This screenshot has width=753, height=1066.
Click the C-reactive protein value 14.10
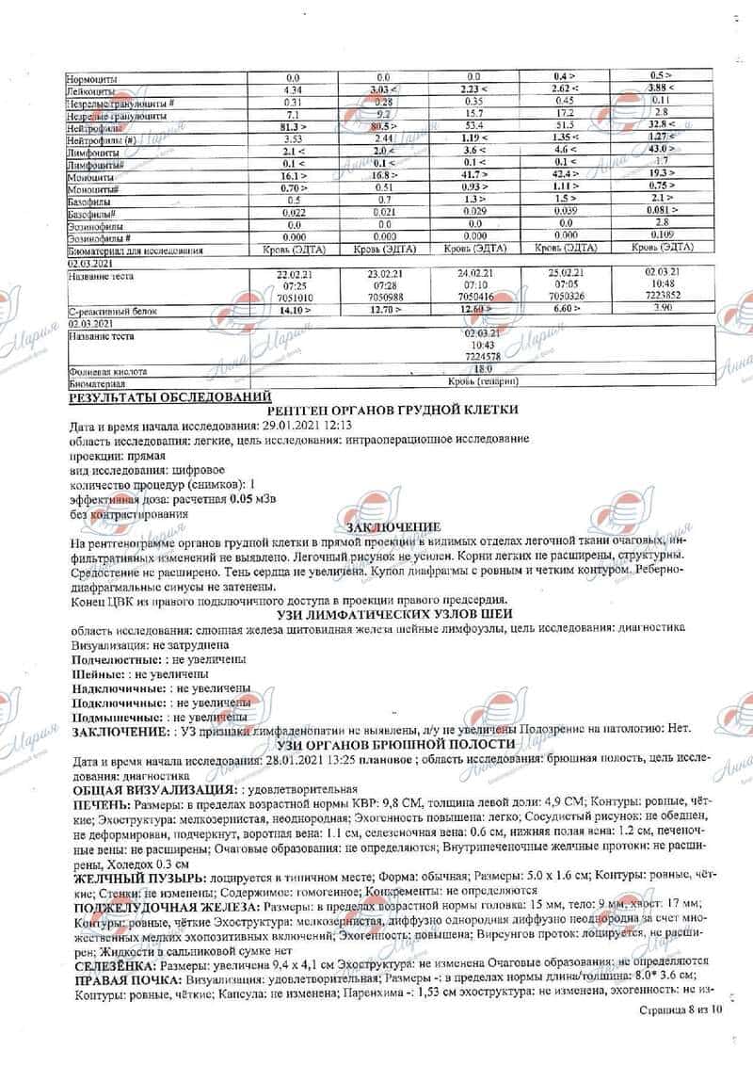click(291, 309)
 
